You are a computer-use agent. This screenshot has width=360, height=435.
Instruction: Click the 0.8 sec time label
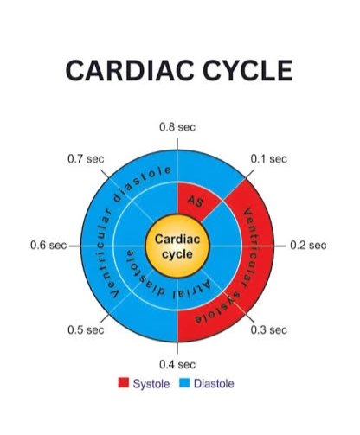click(x=177, y=127)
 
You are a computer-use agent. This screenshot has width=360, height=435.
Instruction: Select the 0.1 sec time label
click(x=269, y=159)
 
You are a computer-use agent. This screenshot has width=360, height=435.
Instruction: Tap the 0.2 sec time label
click(x=308, y=246)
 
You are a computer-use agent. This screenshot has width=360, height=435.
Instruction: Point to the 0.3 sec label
click(x=269, y=329)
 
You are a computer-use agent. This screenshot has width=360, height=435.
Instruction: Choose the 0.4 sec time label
click(x=177, y=365)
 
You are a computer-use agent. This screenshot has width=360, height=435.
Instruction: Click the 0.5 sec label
click(x=86, y=329)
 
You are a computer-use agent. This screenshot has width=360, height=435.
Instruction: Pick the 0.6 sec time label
click(x=48, y=246)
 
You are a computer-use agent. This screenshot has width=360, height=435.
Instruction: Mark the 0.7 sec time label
click(x=86, y=159)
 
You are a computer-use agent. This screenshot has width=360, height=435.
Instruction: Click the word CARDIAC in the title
click(x=130, y=70)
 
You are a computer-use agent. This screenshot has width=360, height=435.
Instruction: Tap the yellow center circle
click(x=177, y=246)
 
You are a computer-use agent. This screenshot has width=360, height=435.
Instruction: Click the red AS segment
click(x=196, y=201)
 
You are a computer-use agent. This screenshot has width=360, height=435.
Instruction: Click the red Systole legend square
click(x=124, y=382)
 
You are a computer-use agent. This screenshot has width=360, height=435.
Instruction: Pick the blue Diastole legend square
click(x=184, y=382)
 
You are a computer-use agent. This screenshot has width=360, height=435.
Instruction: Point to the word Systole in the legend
click(x=151, y=384)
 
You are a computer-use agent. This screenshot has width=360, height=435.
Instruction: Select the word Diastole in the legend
click(x=214, y=384)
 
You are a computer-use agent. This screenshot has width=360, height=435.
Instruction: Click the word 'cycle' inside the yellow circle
click(x=177, y=254)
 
